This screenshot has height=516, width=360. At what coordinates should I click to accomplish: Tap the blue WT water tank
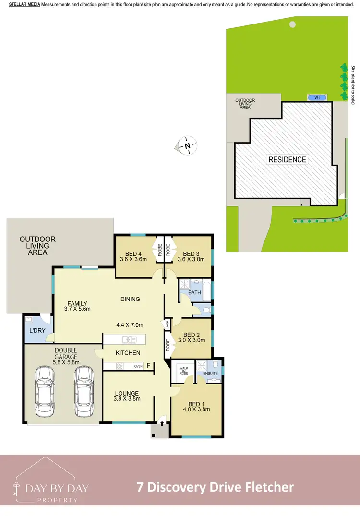317,97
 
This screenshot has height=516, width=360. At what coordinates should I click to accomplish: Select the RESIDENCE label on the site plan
287,159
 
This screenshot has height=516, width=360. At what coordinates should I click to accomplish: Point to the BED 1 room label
196,406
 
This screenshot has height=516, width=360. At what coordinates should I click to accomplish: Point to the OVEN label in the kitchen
138,366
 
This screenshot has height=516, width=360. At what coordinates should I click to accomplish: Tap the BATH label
194,292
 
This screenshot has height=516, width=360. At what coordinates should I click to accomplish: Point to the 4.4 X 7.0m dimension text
130,324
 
